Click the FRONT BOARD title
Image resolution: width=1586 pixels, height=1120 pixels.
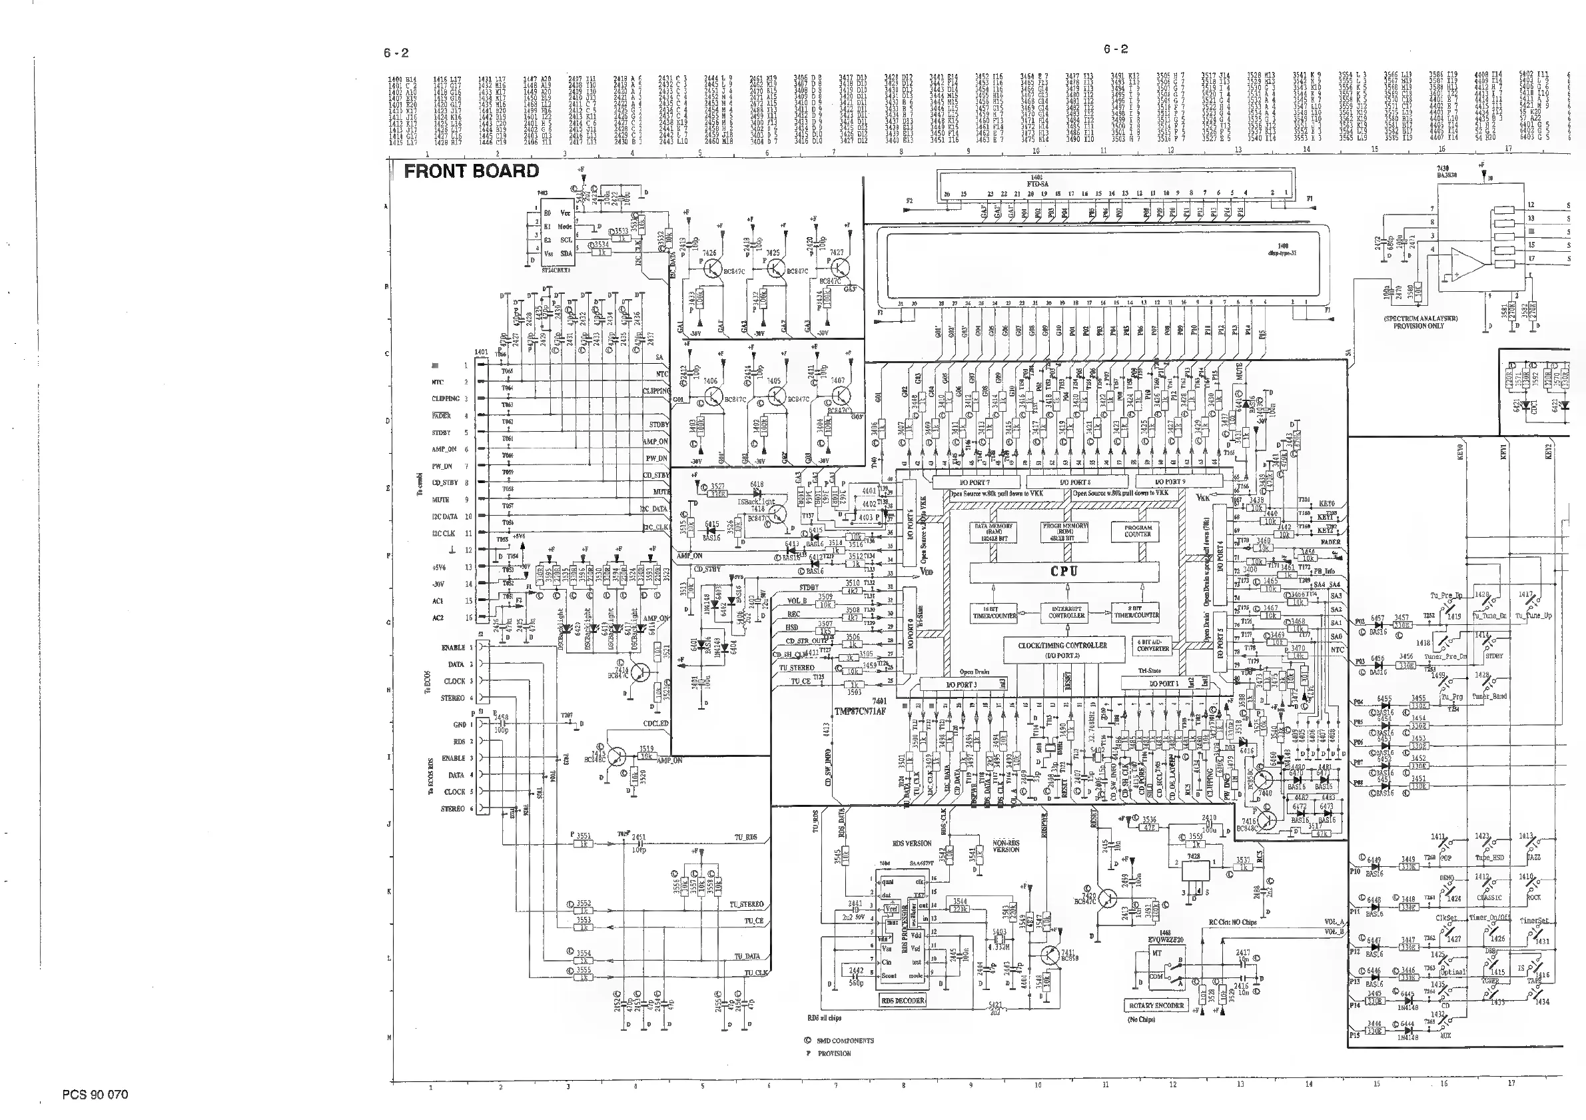471,171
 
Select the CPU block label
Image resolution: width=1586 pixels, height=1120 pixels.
1064,572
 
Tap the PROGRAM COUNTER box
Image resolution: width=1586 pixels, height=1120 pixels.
1137,530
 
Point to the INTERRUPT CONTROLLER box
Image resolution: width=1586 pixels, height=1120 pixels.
1066,612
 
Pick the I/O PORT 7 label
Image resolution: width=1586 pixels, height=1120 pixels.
975,482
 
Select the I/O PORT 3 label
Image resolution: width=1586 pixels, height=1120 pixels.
962,684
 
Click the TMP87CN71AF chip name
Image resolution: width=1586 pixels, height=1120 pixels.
859,711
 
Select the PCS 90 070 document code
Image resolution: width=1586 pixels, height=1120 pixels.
95,1095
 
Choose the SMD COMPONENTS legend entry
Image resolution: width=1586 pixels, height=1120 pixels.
845,1041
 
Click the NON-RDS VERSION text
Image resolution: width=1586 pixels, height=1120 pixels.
1006,845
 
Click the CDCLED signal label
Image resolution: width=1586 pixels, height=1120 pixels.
655,724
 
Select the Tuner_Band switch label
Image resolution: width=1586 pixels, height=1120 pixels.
1489,696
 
